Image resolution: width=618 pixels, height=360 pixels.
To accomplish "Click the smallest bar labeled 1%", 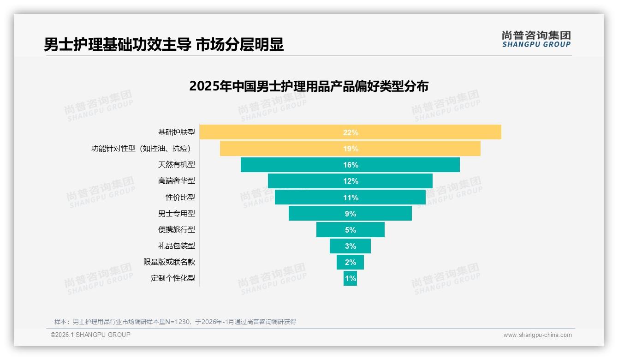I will pos(350,278).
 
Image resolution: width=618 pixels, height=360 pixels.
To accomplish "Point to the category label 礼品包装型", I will pos(176,246).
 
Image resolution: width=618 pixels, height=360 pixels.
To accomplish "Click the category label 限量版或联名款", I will pos(169,262).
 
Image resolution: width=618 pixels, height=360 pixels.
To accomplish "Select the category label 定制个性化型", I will pos(172,278).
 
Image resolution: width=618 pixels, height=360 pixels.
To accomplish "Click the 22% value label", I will pos(351,132).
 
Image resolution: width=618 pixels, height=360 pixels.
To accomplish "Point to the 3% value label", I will pos(351,246).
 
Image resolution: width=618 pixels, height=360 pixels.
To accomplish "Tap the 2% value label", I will pos(351,262).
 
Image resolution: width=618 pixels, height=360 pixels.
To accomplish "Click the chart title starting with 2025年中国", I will pos(309,86).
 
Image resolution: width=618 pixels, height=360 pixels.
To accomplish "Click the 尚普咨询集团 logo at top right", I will pos(536,39).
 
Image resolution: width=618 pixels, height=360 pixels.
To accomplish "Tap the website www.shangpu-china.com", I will pos(537,335).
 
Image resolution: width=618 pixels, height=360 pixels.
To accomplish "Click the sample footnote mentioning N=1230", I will pos(175,322).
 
